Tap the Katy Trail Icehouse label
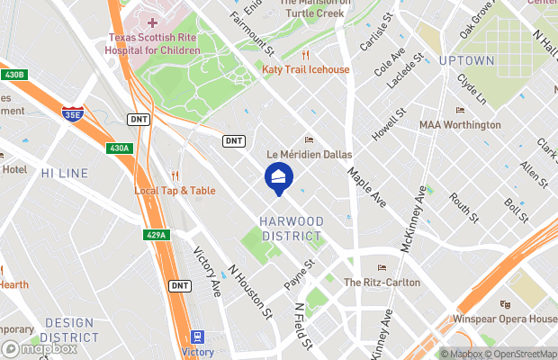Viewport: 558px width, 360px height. pyautogui.click(x=305, y=69)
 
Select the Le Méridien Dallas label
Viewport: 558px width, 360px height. pyautogui.click(x=309, y=155)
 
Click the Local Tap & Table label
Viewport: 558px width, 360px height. pyautogui.click(x=175, y=190)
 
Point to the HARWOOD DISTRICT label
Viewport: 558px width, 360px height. pyautogui.click(x=291, y=229)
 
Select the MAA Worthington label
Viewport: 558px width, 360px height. pyautogui.click(x=459, y=124)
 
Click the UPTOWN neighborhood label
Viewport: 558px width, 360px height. pyautogui.click(x=466, y=60)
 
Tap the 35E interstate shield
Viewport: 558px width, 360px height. pyautogui.click(x=73, y=113)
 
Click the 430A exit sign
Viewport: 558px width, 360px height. pyautogui.click(x=118, y=148)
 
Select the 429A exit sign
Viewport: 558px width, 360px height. pyautogui.click(x=156, y=235)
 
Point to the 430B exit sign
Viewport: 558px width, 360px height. pyautogui.click(x=13, y=74)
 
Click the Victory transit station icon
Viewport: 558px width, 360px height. pyautogui.click(x=197, y=337)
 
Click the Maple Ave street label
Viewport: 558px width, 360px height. pyautogui.click(x=366, y=188)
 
